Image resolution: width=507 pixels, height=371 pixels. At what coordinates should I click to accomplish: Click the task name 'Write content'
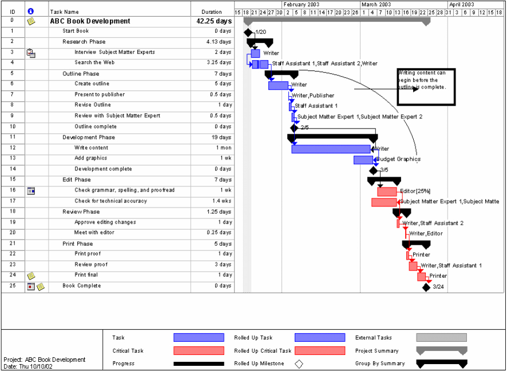pos(91,148)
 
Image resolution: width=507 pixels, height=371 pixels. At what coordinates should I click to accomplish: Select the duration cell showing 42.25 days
pos(213,21)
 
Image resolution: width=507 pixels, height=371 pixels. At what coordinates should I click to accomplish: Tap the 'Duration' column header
pos(211,12)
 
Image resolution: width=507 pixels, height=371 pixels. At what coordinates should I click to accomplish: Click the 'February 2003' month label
pos(302,5)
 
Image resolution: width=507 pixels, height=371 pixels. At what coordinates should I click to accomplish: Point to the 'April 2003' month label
pos(462,5)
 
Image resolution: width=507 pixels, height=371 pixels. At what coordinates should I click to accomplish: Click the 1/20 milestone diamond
pos(248,32)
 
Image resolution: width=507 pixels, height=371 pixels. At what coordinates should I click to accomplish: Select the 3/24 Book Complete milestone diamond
pos(426,287)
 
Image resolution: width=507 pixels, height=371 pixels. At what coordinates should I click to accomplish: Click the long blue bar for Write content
pos(331,149)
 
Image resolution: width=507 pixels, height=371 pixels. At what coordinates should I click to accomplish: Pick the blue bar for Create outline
pos(278,86)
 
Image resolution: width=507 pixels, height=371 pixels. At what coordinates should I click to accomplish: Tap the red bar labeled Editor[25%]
pos(387,192)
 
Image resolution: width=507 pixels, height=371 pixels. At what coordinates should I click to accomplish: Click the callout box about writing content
pos(426,87)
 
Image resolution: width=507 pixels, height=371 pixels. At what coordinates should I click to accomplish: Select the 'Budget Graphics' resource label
pos(399,159)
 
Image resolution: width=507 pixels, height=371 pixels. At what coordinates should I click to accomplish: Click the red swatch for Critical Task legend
pos(199,350)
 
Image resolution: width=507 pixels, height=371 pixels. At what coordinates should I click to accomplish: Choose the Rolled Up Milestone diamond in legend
pos(299,364)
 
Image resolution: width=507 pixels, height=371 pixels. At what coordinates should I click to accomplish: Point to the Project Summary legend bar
pos(441,350)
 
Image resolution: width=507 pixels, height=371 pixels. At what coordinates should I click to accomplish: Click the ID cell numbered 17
pos(13,201)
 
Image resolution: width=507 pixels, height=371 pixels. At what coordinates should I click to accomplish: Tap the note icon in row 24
pos(31,276)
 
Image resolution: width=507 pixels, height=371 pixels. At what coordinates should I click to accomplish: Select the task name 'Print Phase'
pos(77,244)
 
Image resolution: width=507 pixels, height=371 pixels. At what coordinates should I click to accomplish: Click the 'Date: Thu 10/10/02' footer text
pos(27,366)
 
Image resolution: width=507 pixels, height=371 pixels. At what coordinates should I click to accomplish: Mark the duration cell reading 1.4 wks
pos(219,201)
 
